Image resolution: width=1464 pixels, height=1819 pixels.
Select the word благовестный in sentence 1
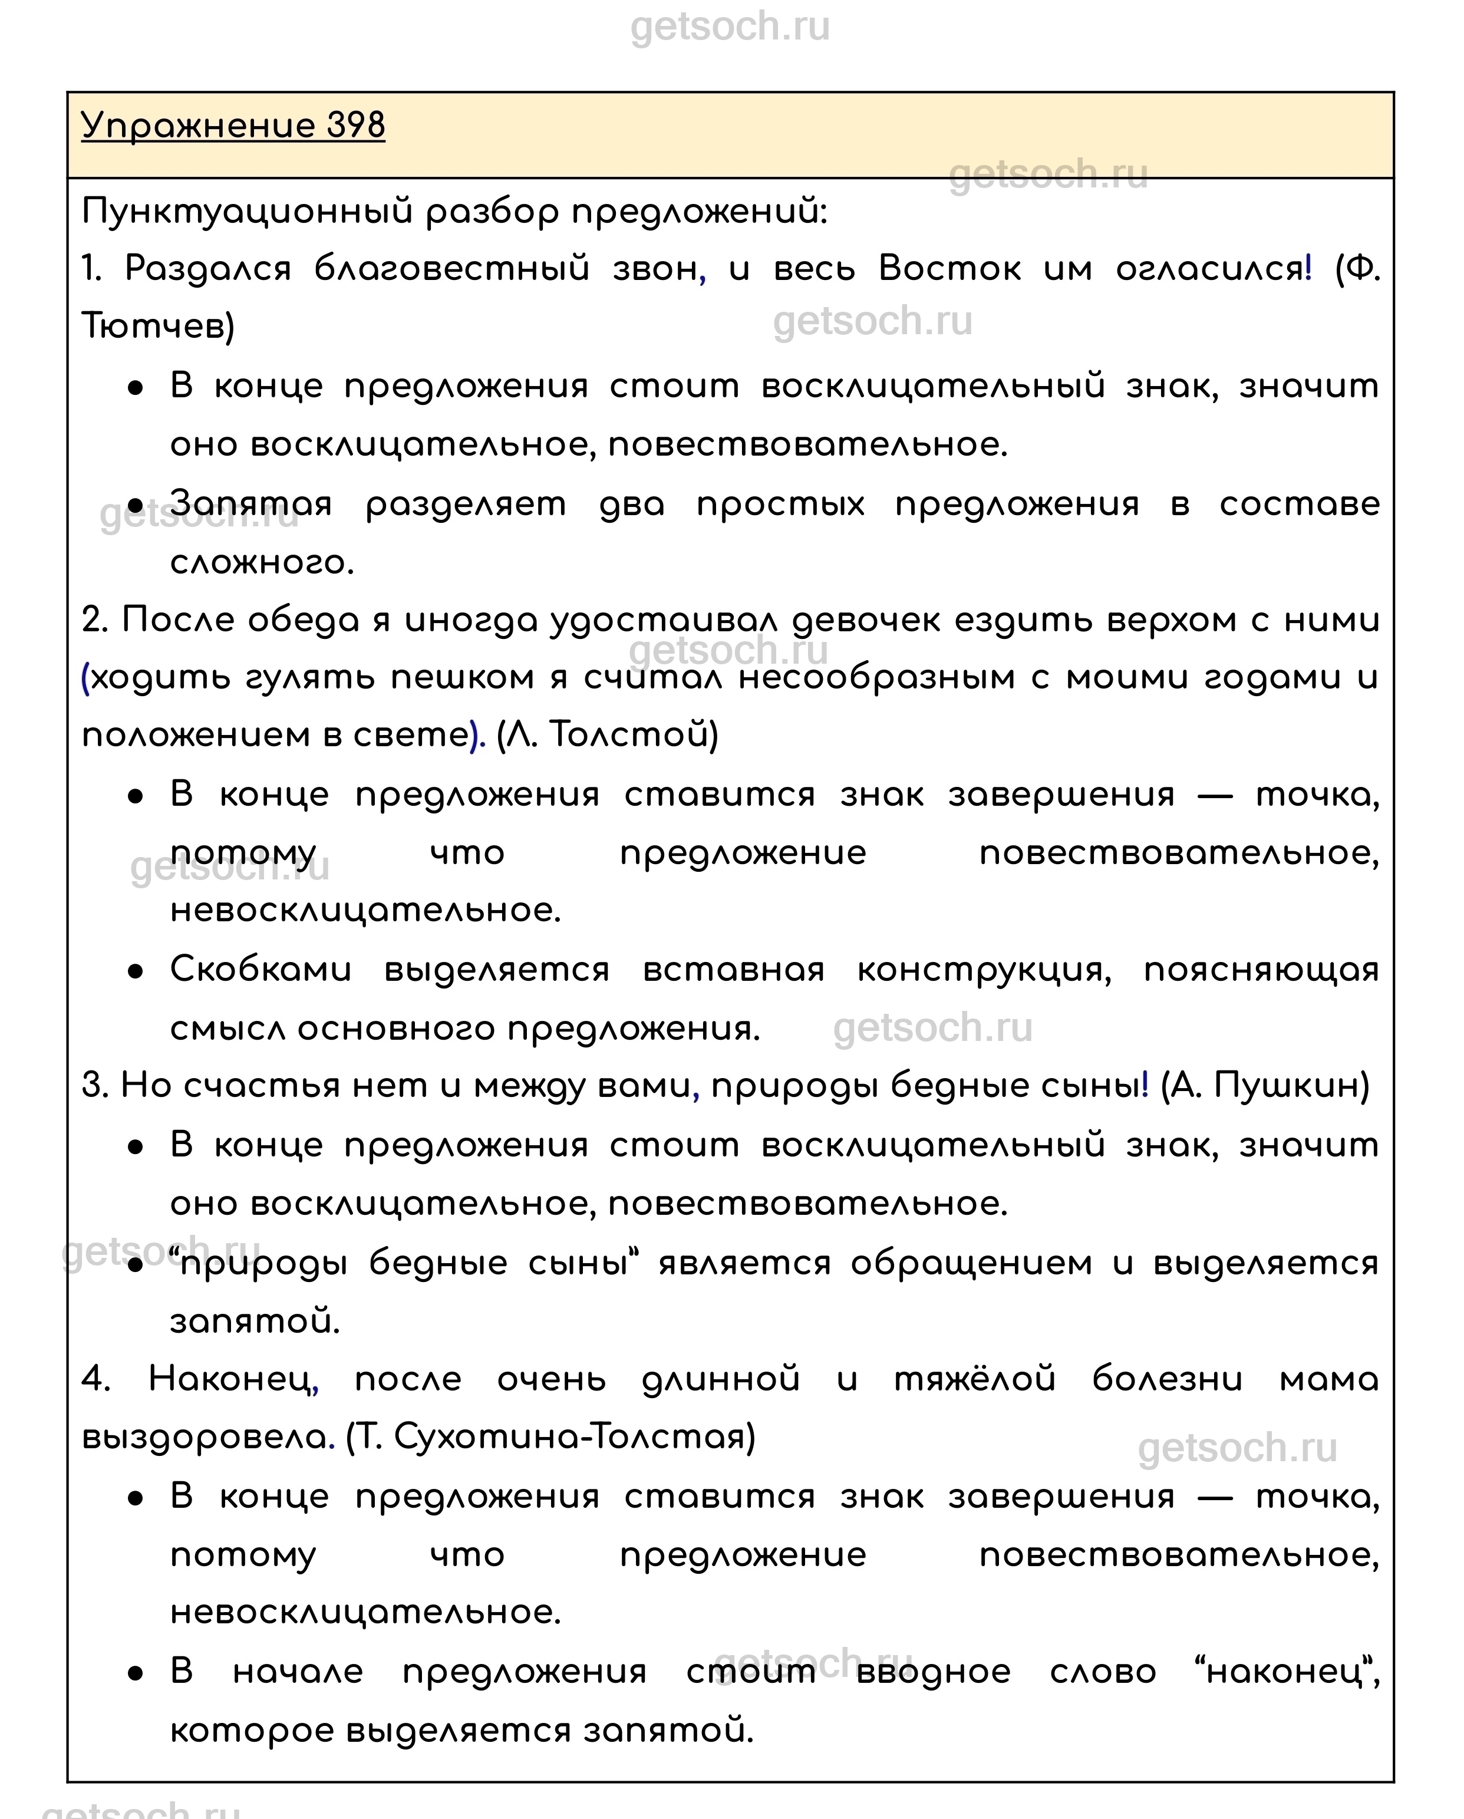(451, 269)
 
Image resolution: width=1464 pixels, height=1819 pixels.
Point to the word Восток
(949, 269)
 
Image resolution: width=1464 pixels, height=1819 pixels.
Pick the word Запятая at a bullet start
(250, 504)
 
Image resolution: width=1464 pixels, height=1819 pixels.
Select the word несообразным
(877, 677)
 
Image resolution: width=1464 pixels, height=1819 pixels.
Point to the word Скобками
(261, 970)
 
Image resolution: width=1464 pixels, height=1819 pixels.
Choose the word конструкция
(983, 970)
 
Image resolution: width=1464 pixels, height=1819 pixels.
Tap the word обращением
(970, 1263)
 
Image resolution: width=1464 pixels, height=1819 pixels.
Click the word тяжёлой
(975, 1379)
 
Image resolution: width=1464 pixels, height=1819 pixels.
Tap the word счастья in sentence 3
(262, 1086)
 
